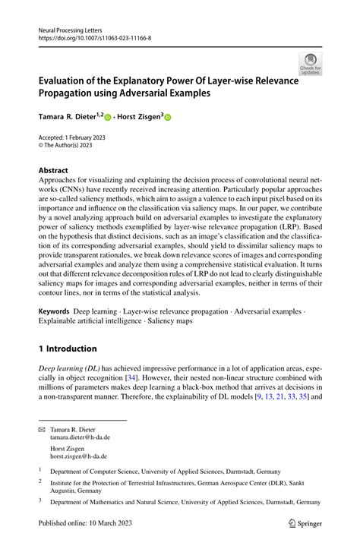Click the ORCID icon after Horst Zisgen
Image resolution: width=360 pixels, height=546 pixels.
coord(168,118)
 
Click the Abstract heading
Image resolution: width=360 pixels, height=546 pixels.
coord(53,170)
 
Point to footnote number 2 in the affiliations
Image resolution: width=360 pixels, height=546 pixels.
coord(40,481)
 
